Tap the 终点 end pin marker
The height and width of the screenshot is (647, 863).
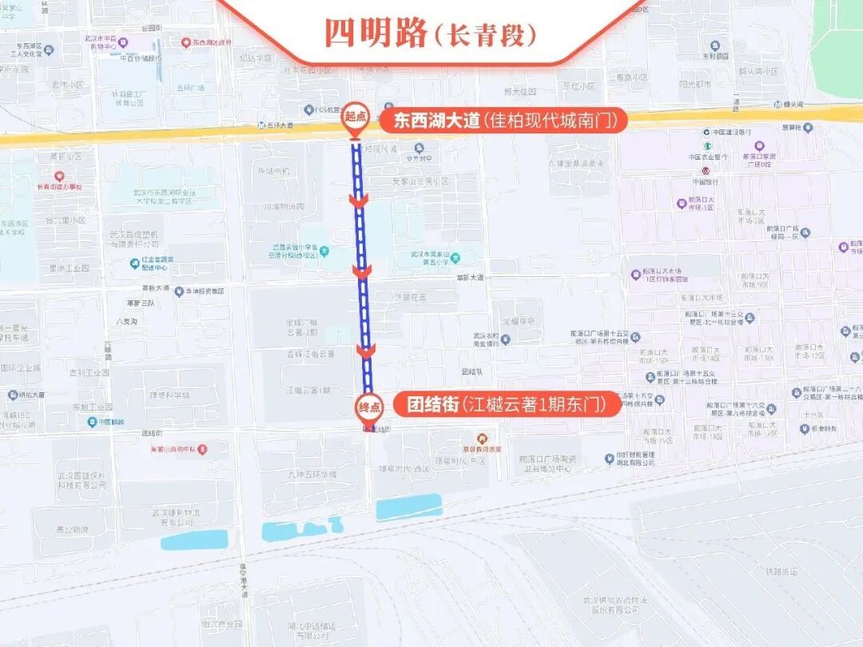click(x=368, y=406)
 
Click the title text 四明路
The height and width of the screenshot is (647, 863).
click(x=375, y=33)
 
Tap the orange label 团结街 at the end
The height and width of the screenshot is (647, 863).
click(x=426, y=405)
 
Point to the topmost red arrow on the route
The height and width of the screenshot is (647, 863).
click(x=359, y=200)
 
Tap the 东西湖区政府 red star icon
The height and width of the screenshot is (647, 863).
click(x=185, y=42)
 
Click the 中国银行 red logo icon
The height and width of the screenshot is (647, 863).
click(x=704, y=171)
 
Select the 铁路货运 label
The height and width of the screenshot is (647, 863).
click(x=782, y=571)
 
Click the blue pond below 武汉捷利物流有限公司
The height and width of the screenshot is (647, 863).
click(x=194, y=541)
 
